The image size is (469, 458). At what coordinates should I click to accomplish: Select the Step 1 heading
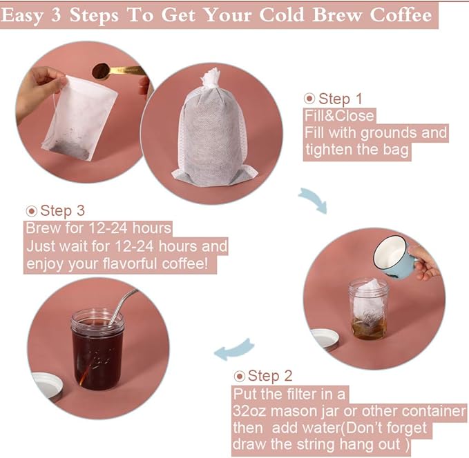click(x=339, y=99)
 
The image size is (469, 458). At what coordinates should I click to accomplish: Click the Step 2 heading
click(x=269, y=376)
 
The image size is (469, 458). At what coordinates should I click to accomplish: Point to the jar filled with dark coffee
click(x=97, y=348)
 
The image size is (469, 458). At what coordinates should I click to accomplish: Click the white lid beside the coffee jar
click(x=48, y=387)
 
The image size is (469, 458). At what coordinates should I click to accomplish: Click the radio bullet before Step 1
click(x=309, y=99)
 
